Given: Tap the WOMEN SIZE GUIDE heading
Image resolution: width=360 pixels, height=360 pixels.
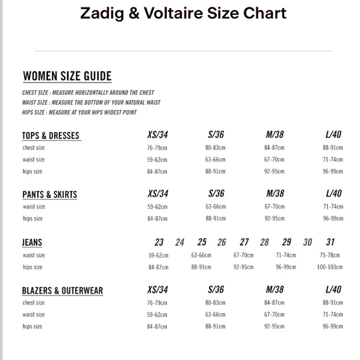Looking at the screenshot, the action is [67, 76].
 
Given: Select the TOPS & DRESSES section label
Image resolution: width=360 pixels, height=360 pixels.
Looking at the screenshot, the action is [51, 135].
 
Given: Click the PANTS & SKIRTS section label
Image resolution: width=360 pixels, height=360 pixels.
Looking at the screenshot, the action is [50, 194].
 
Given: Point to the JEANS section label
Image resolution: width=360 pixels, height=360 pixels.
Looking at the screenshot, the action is [32, 242].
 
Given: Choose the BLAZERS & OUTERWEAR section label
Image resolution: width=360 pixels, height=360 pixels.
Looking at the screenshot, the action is [63, 290].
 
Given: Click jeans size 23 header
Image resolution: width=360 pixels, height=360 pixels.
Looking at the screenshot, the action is [160, 242].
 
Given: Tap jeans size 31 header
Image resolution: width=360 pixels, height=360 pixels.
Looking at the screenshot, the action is [330, 242].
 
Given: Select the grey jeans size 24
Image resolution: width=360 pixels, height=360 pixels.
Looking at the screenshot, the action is [180, 242].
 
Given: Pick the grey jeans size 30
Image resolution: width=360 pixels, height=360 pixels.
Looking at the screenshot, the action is [307, 242].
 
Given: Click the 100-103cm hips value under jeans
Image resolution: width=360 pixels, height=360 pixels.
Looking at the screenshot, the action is [330, 267].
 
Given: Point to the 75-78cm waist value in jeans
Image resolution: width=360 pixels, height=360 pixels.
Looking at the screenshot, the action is [330, 255].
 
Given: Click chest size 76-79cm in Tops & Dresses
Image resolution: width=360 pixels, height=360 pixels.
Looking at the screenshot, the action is [158, 148].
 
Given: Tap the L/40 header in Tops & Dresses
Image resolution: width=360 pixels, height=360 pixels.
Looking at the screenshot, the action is [333, 135].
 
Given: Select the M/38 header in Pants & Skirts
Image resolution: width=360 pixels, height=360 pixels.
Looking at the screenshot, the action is [275, 194].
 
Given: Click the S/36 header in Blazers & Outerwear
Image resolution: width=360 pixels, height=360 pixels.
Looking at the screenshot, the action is [216, 289].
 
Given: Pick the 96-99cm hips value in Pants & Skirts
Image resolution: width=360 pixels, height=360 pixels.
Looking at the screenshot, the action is [333, 218].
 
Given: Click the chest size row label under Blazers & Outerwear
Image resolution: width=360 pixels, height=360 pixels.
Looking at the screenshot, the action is [34, 303].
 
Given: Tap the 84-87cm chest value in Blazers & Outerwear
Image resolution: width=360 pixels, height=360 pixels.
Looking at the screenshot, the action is [274, 303].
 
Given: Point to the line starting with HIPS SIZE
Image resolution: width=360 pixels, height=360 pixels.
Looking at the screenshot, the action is [79, 112].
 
